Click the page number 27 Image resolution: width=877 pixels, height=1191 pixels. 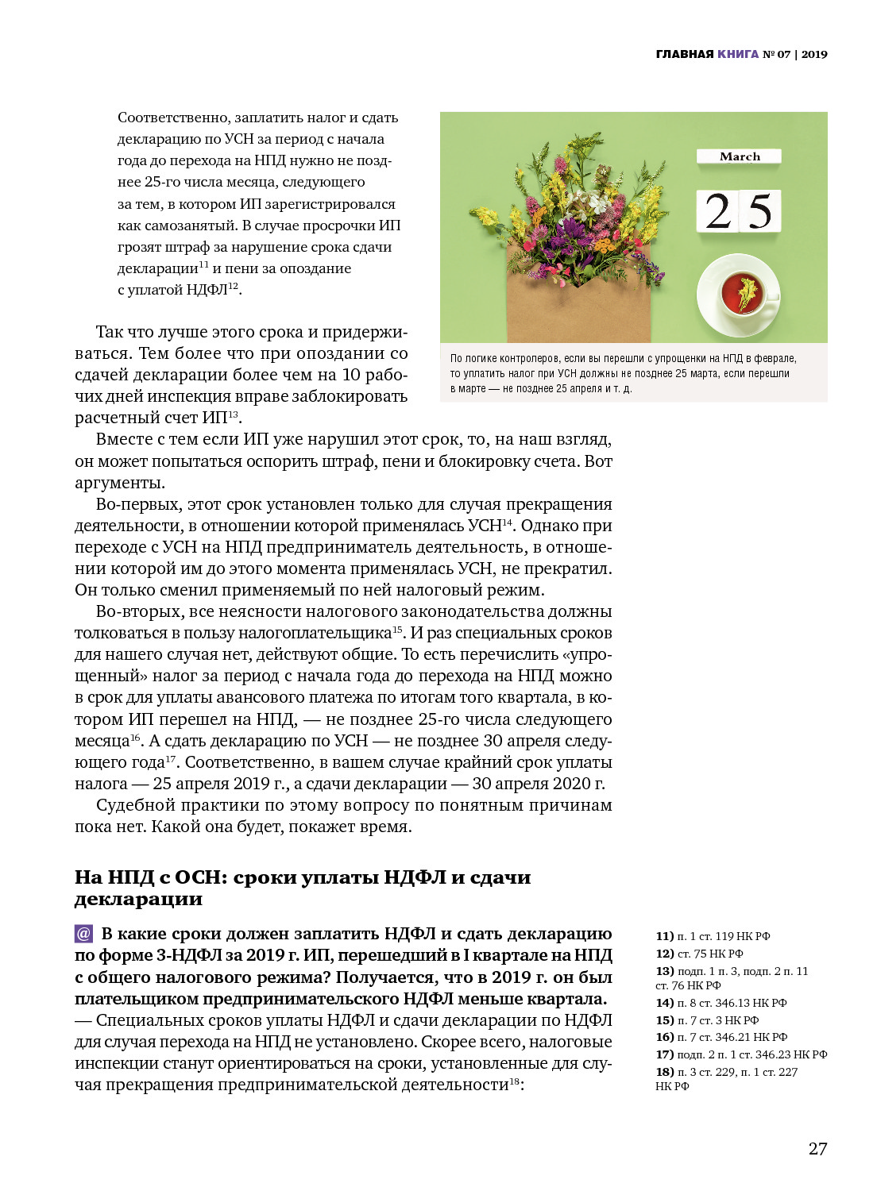pyautogui.click(x=817, y=1149)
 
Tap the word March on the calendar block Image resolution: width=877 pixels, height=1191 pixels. pyautogui.click(x=740, y=156)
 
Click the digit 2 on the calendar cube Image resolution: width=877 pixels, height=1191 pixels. pyautogui.click(x=718, y=211)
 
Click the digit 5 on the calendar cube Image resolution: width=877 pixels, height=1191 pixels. pyautogui.click(x=760, y=211)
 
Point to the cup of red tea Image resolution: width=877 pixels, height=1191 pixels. pyautogui.click(x=739, y=293)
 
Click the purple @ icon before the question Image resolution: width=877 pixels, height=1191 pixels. pyautogui.click(x=84, y=934)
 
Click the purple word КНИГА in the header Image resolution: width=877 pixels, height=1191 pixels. pyautogui.click(x=738, y=54)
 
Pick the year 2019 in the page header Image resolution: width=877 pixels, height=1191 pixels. pyautogui.click(x=814, y=54)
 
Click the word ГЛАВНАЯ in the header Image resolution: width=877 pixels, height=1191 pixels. pyautogui.click(x=685, y=54)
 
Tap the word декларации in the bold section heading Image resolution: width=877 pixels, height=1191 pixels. pyautogui.click(x=138, y=900)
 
